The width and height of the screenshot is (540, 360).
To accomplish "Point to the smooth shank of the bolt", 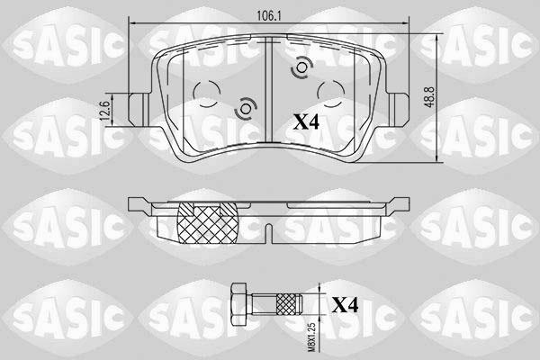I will (x=261, y=301).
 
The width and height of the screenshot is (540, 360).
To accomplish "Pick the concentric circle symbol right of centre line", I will (x=300, y=69).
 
